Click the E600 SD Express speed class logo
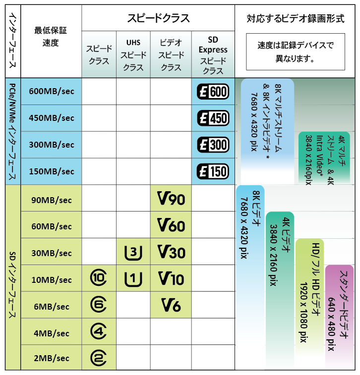tap(213, 92)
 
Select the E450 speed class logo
tap(213, 118)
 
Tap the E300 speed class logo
tap(213, 145)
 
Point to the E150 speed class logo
tap(213, 171)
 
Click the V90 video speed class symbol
tap(171, 198)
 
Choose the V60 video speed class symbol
tap(171, 225)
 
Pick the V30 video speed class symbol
tap(171, 252)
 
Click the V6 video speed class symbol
tap(171, 305)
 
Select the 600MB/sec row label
tap(52, 91)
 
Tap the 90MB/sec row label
tap(52, 200)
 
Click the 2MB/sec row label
tap(52, 358)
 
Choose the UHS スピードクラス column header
tap(133, 55)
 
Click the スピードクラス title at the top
tap(158, 18)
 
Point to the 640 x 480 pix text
tap(331, 324)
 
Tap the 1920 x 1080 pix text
tap(303, 313)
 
